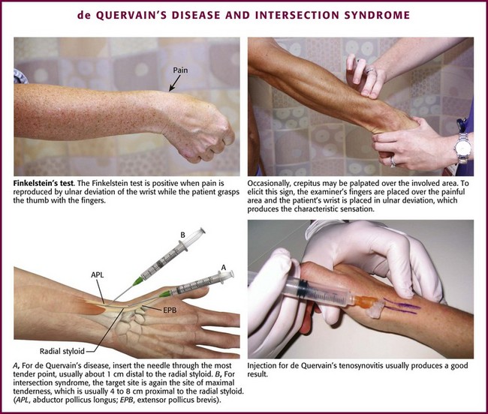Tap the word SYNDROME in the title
tap(377, 15)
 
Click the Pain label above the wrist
tap(180, 70)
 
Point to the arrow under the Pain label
tap(174, 83)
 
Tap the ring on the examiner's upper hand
tap(370, 71)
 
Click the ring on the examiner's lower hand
tap(393, 161)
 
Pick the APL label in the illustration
tap(97, 275)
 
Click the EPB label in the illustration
tap(170, 310)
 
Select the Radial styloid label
tap(62, 351)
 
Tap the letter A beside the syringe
tap(223, 267)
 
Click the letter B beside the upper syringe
tap(182, 235)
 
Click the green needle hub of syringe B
tap(138, 281)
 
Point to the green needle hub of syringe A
tap(165, 294)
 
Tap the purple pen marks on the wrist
tap(402, 306)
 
